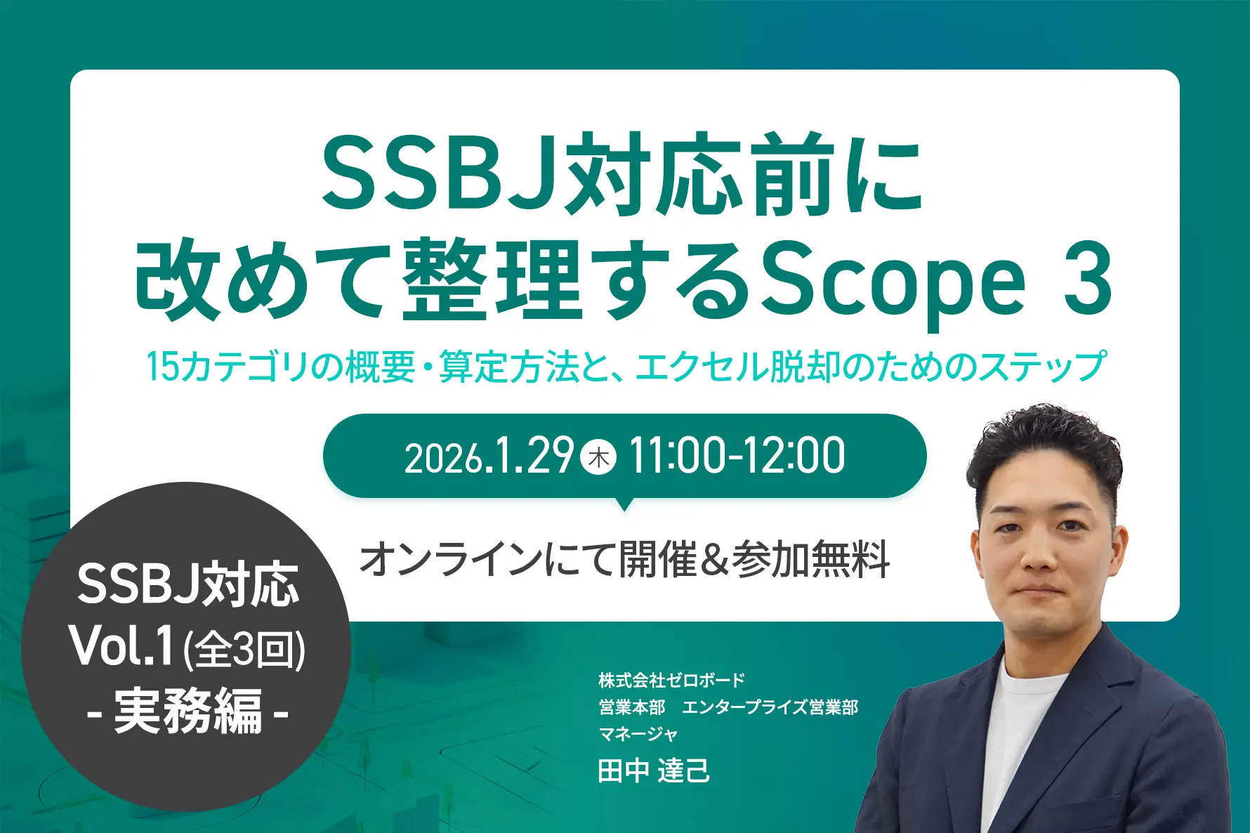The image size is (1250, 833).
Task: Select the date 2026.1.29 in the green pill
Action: [x=489, y=457]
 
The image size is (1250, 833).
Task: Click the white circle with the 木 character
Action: [x=599, y=457]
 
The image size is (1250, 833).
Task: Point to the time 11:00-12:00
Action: [x=737, y=457]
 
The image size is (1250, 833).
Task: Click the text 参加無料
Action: [x=811, y=560]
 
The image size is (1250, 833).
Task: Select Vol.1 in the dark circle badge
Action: [x=121, y=647]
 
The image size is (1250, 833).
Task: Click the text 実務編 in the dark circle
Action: [x=187, y=711]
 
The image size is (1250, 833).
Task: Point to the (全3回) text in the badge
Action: [x=244, y=650]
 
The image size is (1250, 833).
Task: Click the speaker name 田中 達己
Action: [x=654, y=770]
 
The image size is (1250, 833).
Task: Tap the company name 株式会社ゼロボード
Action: [x=671, y=680]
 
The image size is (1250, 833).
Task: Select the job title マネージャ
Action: [x=638, y=734]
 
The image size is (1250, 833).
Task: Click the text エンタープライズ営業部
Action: [x=770, y=707]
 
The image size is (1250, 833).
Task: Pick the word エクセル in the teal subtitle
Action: [x=703, y=367]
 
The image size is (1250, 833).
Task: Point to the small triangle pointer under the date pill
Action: [x=624, y=504]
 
